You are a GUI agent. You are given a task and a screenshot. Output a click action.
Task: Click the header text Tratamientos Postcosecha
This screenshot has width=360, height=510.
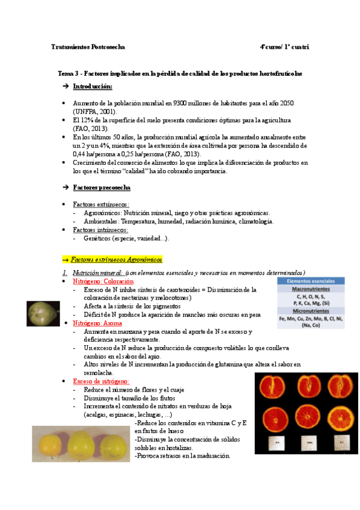click(x=88, y=46)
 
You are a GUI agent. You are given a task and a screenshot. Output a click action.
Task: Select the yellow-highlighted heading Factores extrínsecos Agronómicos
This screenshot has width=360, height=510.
click(x=116, y=260)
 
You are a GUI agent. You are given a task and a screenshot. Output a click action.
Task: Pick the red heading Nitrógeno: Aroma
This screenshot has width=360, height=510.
click(x=96, y=323)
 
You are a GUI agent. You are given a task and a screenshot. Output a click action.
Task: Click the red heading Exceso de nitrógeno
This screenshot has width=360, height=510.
click(x=100, y=381)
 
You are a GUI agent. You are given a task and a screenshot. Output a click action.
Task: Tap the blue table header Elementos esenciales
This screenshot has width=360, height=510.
click(x=311, y=281)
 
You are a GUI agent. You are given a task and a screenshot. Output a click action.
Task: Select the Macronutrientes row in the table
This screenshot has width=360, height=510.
click(x=311, y=289)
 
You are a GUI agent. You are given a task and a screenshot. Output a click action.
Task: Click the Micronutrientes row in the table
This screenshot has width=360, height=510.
click(x=311, y=311)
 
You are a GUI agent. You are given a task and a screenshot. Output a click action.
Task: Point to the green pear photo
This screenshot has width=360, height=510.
click(x=43, y=312)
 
